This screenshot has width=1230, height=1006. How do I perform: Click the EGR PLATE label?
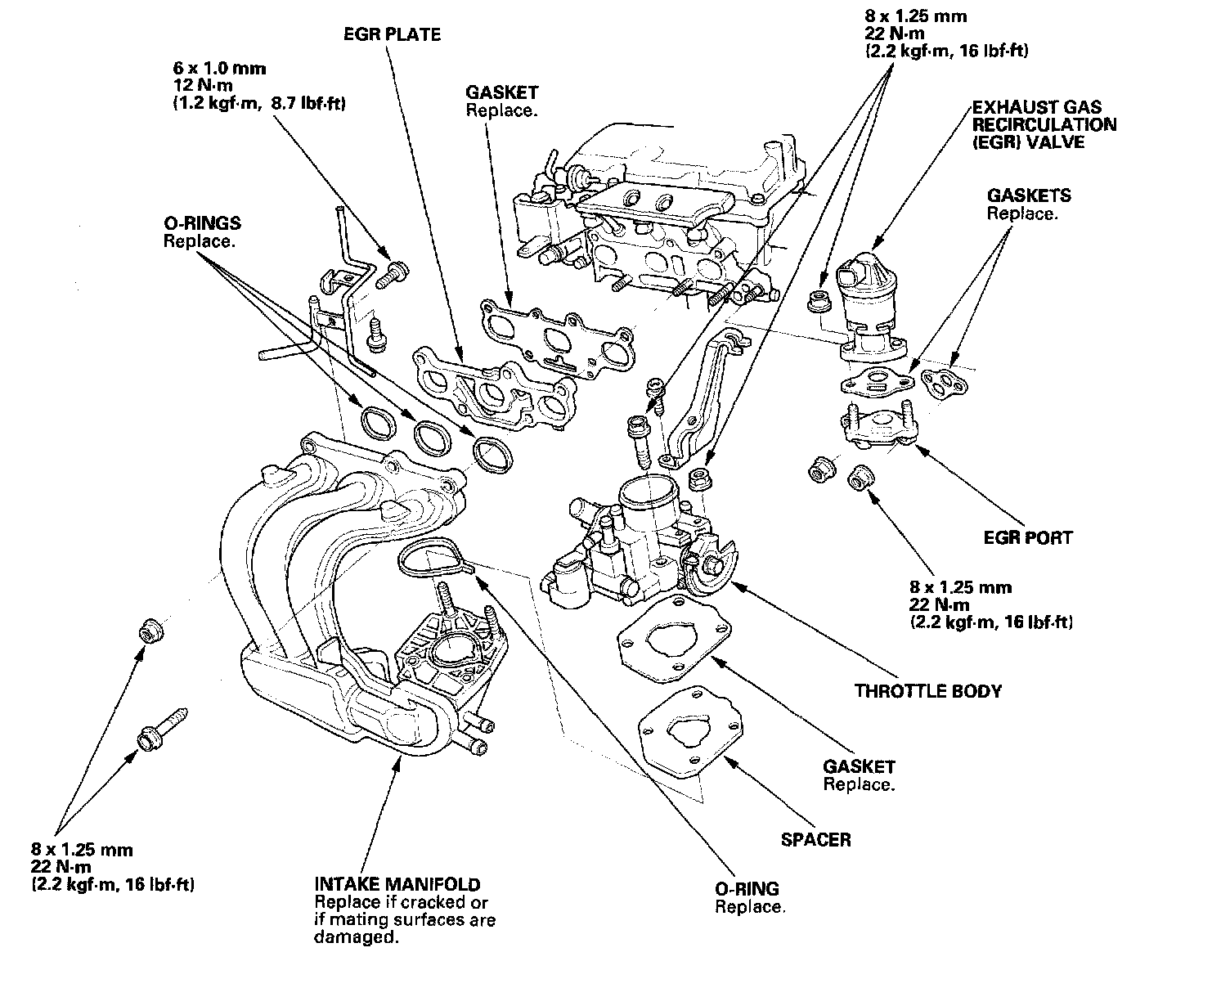[392, 34]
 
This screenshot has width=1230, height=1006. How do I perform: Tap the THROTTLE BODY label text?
[927, 691]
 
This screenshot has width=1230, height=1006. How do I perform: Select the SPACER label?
[815, 839]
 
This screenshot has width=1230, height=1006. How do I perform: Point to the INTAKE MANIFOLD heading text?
[397, 884]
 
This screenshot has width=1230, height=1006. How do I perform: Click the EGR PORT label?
[1027, 538]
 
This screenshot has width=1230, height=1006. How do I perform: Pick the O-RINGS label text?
[202, 223]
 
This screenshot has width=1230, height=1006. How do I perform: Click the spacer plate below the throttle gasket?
[692, 733]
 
